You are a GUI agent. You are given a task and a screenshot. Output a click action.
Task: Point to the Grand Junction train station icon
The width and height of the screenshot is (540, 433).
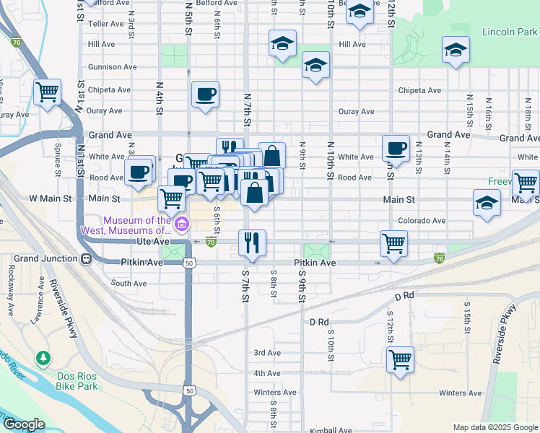(x=86, y=258)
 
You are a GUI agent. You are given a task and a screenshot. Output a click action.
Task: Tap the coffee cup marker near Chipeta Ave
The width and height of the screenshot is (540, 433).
(x=205, y=94)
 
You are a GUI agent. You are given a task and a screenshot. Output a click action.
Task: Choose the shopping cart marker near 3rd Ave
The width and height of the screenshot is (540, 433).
(x=400, y=358)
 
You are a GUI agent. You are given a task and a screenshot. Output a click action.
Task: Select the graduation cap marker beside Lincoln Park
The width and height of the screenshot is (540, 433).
(x=455, y=50)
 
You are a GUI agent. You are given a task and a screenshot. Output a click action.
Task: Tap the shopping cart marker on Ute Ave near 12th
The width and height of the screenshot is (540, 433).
(x=393, y=244)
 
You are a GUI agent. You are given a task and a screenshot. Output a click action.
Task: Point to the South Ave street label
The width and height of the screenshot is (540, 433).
(x=129, y=284)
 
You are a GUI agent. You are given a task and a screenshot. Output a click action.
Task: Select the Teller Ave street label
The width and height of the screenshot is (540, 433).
(x=106, y=24)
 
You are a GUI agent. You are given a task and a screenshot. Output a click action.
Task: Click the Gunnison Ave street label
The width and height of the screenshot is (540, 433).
(x=113, y=67)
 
